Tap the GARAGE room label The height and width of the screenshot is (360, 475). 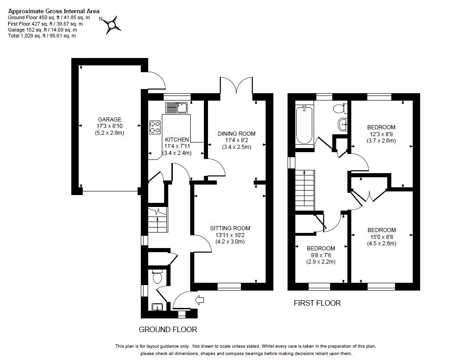[x=109, y=120]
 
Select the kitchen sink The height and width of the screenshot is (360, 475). [x=176, y=107]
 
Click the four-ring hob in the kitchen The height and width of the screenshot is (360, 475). [x=155, y=127]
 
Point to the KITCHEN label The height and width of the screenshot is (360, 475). [x=177, y=140]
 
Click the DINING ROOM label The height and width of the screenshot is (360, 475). [x=237, y=133]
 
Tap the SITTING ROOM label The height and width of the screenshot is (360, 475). [x=230, y=228]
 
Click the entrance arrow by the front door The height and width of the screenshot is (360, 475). [x=200, y=300]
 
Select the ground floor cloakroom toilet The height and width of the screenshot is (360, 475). [x=157, y=276]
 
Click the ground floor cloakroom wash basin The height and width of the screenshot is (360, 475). [x=157, y=307]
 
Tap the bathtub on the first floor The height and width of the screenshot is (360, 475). [x=304, y=125]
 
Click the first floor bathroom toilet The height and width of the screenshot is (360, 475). [x=340, y=108]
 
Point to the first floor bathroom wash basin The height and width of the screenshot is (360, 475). [x=342, y=124]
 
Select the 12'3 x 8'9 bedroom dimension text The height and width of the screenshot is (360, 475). [x=381, y=134]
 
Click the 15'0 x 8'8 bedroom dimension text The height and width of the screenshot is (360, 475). [x=382, y=237]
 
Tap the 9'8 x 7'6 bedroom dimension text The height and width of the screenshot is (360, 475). [x=321, y=255]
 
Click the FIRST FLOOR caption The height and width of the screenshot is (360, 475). [x=317, y=303]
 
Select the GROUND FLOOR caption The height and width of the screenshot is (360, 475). [x=168, y=329]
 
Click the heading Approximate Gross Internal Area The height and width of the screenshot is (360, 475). [x=53, y=11]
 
